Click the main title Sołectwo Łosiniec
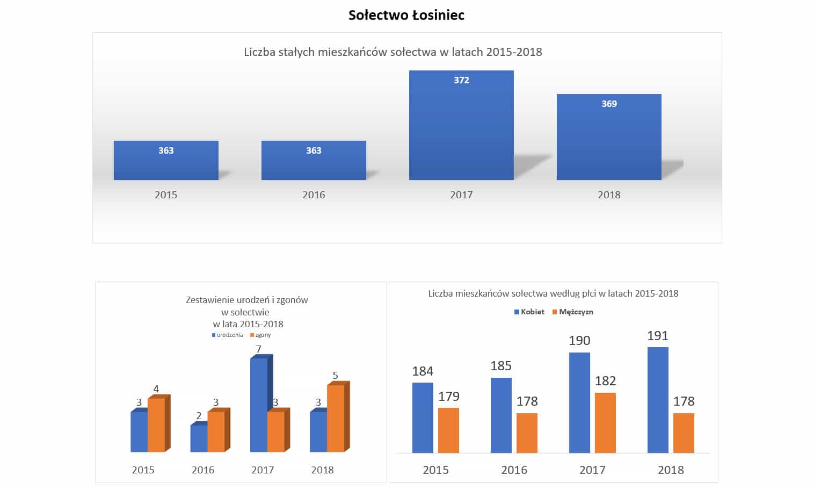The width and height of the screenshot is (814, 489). pos(406,15)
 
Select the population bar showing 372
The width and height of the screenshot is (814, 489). pos(461,126)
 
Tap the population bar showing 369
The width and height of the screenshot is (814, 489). pos(609,138)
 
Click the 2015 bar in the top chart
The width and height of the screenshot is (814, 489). pos(166,161)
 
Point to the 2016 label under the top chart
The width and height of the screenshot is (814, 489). pos(314,195)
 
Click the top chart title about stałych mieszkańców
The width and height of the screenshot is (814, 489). pos(393,52)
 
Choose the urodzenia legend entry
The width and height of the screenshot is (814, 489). pos(228,335)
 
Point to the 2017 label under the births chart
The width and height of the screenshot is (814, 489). pos(263,470)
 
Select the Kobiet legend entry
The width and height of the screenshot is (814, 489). pos(529,312)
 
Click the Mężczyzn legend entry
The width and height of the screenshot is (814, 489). pos(573,312)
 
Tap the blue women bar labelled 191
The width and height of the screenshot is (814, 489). pos(658,400)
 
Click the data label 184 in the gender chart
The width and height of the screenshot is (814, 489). pos(423,371)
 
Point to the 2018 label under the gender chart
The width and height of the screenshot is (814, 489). pos(671,470)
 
